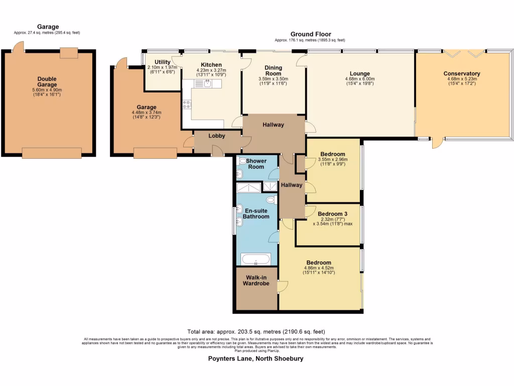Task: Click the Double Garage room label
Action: (47, 82)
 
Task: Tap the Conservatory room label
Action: (461, 73)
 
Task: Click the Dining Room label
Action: (273, 70)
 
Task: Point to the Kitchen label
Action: (211, 65)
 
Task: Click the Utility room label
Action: (163, 62)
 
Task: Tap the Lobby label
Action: (216, 136)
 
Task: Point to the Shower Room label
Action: (256, 164)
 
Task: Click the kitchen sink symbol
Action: (207, 83)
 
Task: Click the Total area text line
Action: (256, 331)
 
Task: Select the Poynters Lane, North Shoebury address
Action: (256, 359)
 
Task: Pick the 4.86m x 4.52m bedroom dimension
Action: (319, 268)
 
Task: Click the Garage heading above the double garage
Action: (48, 27)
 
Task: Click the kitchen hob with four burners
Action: (187, 105)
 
